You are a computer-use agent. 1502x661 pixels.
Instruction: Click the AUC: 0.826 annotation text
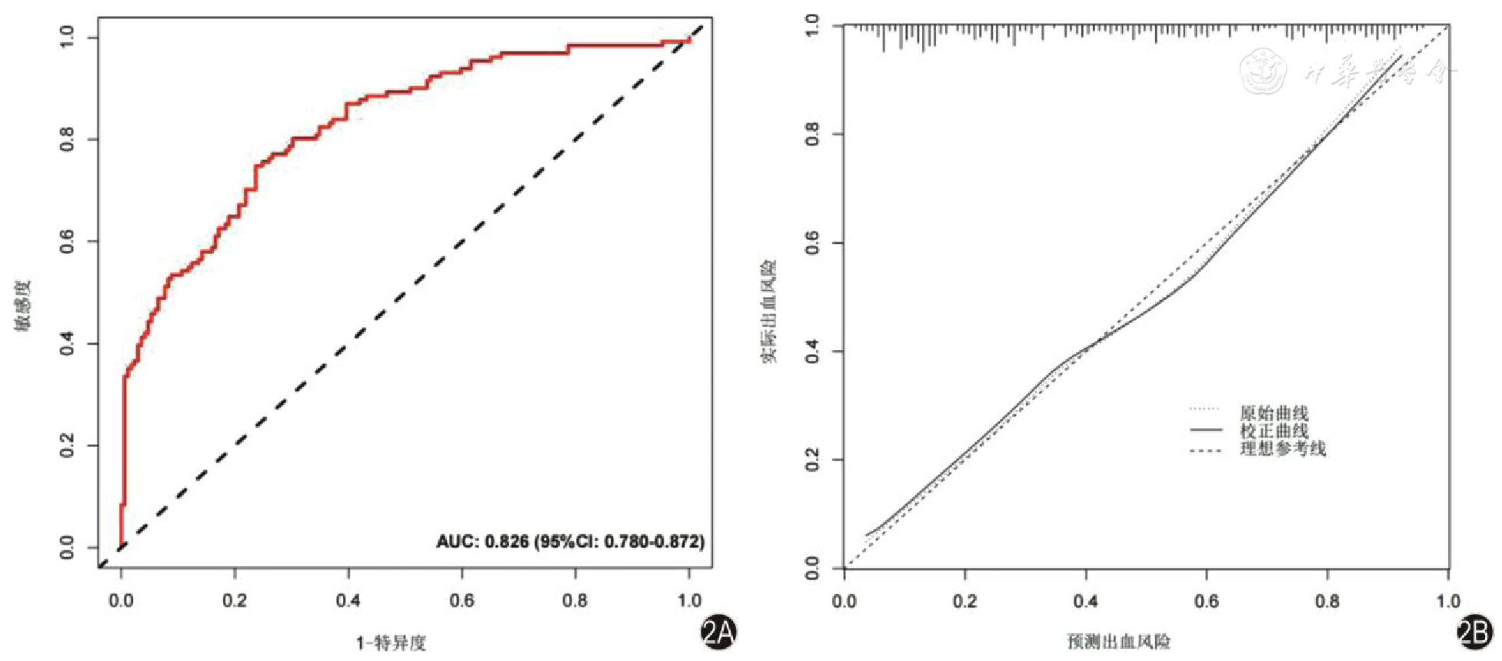pos(570,542)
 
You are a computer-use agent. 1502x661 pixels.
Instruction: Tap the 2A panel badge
pos(718,633)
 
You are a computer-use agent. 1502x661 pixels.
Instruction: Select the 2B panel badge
pos(1474,633)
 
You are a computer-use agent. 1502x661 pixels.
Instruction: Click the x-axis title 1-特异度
pos(391,643)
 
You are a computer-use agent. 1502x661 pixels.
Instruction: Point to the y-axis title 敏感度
pos(24,305)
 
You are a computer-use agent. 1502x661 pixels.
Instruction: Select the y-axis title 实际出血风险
pos(769,311)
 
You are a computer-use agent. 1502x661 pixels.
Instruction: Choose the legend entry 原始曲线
pos(1274,413)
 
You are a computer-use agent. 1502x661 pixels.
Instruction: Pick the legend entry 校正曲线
pos(1274,431)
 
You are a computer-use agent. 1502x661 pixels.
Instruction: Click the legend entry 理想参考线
pos(1282,449)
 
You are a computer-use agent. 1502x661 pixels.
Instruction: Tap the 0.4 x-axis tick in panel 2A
pos(348,600)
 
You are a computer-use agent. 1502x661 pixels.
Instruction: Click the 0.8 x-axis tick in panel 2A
pos(575,600)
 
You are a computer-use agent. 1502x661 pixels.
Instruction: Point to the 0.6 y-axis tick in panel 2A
pos(68,242)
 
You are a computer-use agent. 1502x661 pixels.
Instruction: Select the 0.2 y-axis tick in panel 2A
pos(68,446)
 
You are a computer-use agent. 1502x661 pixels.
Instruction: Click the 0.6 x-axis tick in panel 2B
pos(1207,601)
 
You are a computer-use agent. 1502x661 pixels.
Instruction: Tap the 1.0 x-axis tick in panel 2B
pos(1448,601)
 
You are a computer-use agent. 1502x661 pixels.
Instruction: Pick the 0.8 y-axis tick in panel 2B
pos(812,135)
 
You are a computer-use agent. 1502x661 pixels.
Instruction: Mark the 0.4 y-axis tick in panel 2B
pos(812,352)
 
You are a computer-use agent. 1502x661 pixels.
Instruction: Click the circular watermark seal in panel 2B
pos(1263,72)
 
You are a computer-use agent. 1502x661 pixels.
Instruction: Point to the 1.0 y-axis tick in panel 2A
pos(68,37)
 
